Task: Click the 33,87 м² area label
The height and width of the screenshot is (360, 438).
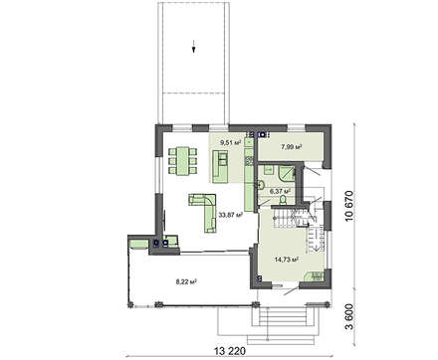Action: (x=231, y=215)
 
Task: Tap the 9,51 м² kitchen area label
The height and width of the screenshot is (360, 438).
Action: (x=231, y=143)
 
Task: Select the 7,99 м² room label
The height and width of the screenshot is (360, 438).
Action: (x=292, y=147)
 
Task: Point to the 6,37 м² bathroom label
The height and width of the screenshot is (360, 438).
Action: (x=281, y=191)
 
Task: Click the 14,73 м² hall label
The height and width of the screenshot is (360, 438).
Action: (x=286, y=260)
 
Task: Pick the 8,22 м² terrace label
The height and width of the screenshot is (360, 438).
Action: (x=186, y=281)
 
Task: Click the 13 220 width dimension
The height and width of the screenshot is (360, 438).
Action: (x=230, y=351)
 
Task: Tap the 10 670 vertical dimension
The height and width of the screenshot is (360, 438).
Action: (x=349, y=206)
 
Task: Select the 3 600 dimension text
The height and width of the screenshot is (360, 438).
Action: (x=349, y=316)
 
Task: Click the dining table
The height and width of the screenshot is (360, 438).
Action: (x=182, y=161)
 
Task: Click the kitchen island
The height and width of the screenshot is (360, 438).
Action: (x=220, y=166)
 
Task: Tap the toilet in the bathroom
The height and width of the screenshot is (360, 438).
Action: (x=283, y=200)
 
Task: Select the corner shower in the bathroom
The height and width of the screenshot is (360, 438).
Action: (x=287, y=174)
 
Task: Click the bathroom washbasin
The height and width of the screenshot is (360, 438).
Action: (x=261, y=185)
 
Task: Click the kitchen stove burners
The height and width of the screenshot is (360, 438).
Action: (x=248, y=161)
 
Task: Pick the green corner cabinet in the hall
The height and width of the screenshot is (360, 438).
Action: (x=315, y=276)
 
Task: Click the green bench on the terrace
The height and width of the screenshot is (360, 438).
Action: (x=138, y=245)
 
